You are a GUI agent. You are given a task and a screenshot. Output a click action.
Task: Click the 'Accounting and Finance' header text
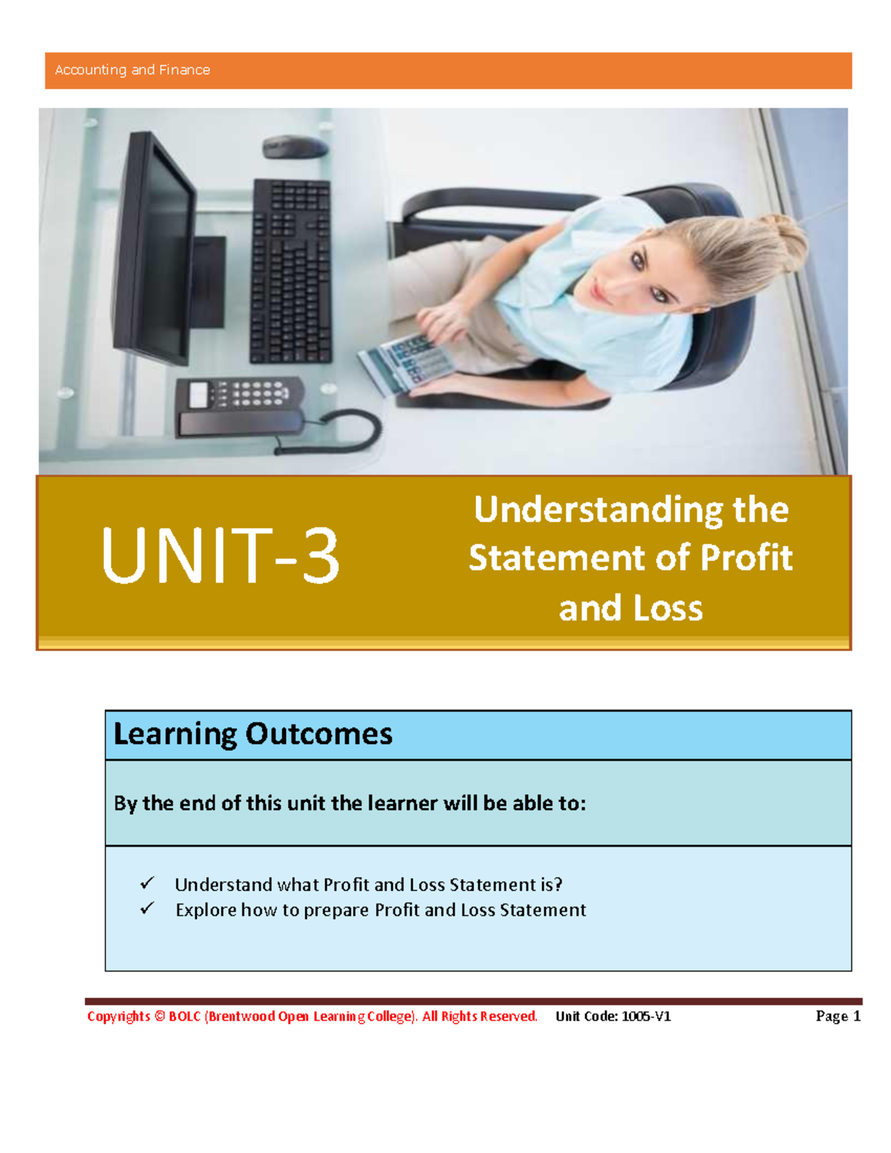point(132,70)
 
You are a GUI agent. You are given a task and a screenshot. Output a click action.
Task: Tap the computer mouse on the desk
point(295,146)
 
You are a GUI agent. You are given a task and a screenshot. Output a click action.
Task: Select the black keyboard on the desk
point(291,272)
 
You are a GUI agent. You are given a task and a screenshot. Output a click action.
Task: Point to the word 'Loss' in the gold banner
point(668,609)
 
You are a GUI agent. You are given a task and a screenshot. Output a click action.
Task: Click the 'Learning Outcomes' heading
point(252,734)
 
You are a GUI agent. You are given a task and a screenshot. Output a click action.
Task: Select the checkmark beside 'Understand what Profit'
point(147,883)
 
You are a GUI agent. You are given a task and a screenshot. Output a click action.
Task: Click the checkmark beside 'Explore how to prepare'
point(147,908)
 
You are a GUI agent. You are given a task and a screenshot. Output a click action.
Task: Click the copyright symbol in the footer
point(159,1016)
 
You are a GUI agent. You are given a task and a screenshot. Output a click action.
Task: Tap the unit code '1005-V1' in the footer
point(646,1016)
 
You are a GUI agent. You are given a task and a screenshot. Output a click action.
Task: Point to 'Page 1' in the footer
point(838,1016)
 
